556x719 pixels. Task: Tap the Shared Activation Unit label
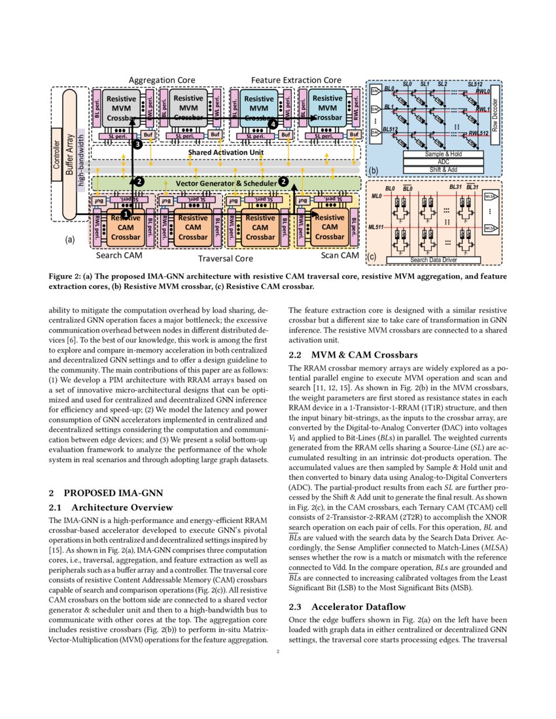tap(226, 152)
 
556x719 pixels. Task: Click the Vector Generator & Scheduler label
tap(226, 182)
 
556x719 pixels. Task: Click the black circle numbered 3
tap(137, 144)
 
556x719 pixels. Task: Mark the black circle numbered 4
tap(273, 123)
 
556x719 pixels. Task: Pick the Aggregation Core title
tap(161, 80)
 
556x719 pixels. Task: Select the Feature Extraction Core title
tap(296, 80)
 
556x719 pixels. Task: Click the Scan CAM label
tap(339, 255)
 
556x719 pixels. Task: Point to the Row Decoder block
tap(495, 115)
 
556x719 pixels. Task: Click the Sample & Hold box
tap(435, 154)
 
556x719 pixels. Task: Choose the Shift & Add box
tap(435, 169)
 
